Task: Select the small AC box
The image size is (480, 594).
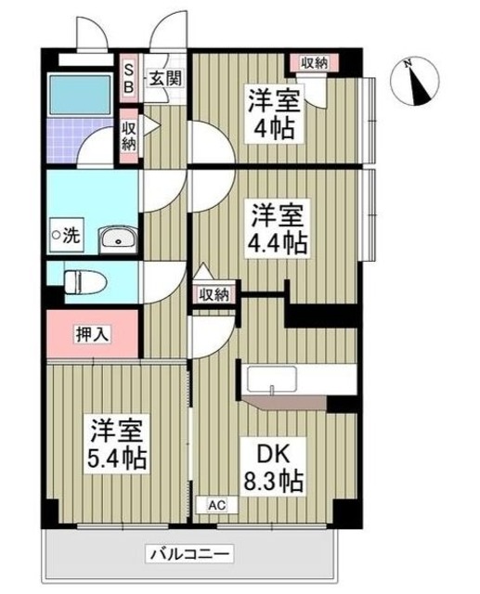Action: (215, 505)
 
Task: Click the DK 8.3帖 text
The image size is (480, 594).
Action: (272, 469)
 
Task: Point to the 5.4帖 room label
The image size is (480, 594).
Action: (117, 445)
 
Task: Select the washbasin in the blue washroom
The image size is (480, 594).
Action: (118, 240)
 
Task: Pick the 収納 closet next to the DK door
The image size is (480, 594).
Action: (213, 294)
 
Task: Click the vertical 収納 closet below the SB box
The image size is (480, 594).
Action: (129, 136)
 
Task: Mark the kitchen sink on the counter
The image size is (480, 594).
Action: (273, 381)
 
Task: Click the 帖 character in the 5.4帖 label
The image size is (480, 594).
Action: (136, 459)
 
